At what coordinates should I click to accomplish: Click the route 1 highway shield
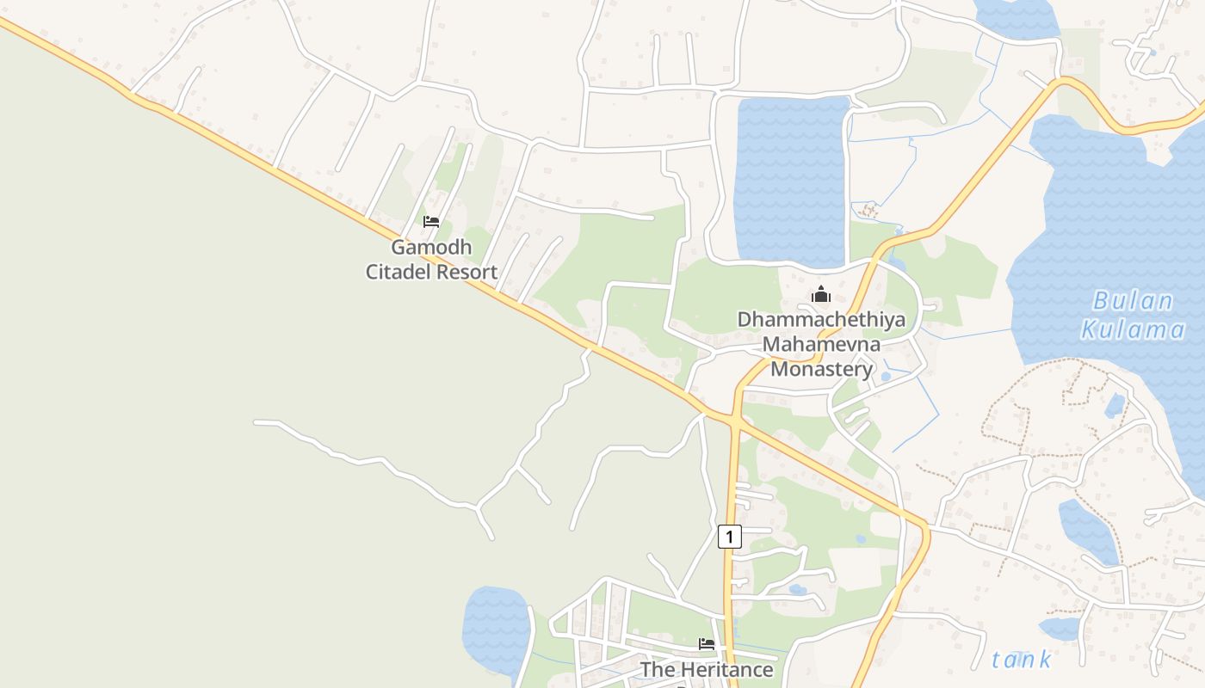(x=729, y=537)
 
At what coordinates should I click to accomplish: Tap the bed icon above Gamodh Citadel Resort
(x=431, y=222)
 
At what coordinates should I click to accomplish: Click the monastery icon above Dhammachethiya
(x=820, y=294)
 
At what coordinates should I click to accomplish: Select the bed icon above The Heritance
(x=707, y=643)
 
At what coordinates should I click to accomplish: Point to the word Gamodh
(x=431, y=248)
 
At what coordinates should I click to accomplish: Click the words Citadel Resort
(x=431, y=273)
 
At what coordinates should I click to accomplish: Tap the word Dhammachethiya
(x=821, y=320)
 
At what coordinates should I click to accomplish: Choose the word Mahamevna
(x=822, y=345)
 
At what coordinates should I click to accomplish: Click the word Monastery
(x=821, y=370)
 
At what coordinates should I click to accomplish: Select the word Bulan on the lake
(x=1133, y=302)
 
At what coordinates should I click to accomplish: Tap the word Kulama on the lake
(x=1133, y=329)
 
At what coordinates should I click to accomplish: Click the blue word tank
(x=1022, y=660)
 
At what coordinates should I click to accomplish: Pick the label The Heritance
(x=707, y=669)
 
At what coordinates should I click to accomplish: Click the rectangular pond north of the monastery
(x=791, y=181)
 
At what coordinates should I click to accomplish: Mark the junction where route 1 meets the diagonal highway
(x=735, y=421)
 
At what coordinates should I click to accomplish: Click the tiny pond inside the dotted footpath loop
(x=1115, y=404)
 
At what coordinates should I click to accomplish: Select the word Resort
(x=466, y=273)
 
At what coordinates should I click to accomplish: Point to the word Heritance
(x=727, y=669)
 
